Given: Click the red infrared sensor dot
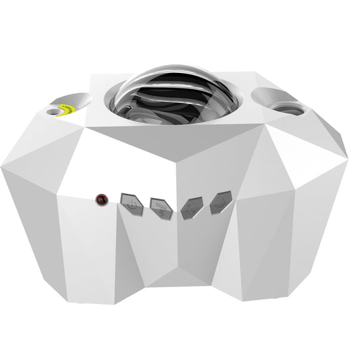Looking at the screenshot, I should [101, 199].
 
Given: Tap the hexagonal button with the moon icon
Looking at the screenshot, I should [221, 203].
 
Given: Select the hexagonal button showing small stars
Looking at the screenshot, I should [191, 207].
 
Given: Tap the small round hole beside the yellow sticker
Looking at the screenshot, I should [53, 108].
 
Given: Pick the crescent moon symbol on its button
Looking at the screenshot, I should [221, 203].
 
